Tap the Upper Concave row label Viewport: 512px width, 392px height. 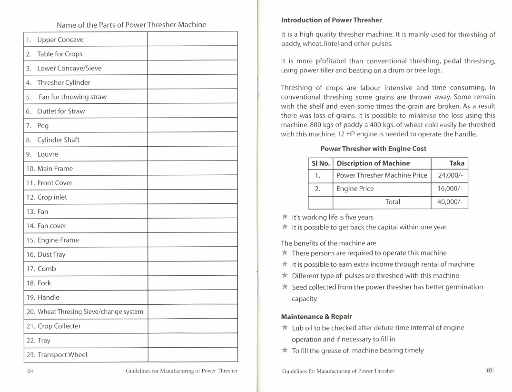click(60, 40)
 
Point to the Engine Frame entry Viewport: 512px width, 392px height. click(58, 240)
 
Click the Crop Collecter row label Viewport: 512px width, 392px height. click(59, 326)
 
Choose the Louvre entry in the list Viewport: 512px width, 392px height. click(48, 154)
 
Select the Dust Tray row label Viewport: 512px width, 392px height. click(51, 254)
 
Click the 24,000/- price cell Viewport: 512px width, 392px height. click(450, 175)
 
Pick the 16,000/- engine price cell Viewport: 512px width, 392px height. click(450, 189)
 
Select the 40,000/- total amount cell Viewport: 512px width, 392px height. click(450, 202)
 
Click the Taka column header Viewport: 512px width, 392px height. click(456, 163)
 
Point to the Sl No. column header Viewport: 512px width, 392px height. click(320, 163)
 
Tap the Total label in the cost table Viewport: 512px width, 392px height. click(393, 202)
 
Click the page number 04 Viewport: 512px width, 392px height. click(30, 371)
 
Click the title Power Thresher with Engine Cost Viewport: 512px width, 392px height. click(373, 149)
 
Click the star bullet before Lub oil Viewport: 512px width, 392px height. click(285, 328)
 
